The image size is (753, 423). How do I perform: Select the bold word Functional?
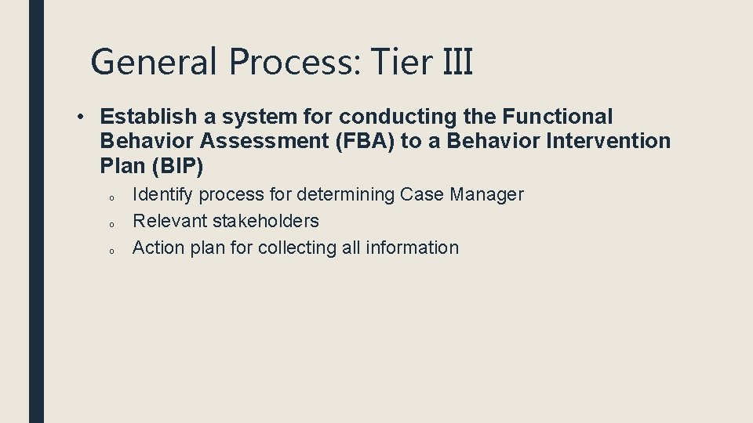557,117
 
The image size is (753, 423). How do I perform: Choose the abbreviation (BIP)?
176,166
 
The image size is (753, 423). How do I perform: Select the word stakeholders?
266,221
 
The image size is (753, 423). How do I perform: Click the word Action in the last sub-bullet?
157,248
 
